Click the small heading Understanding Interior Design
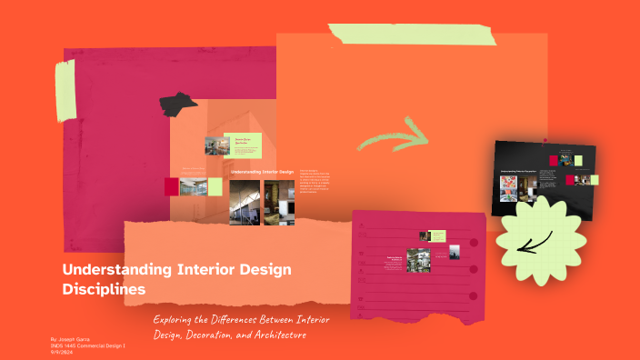[262, 171]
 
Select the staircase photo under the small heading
[244, 201]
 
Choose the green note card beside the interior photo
[248, 145]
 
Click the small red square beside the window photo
[172, 186]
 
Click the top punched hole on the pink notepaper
[474, 244]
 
